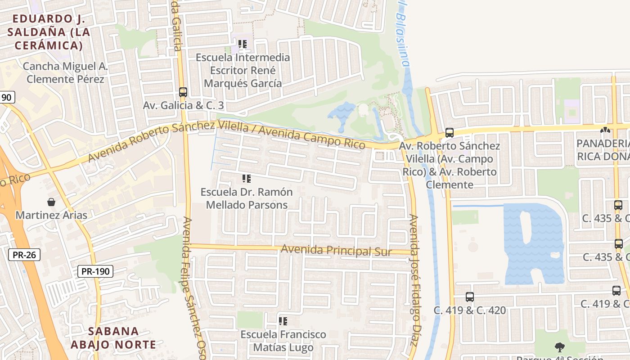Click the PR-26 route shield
tap(24, 255)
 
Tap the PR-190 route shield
tap(95, 271)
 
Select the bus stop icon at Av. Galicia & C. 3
tap(183, 92)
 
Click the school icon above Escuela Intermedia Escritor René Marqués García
tap(243, 44)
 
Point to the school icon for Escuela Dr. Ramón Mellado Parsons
tap(246, 179)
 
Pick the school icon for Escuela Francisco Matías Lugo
tap(283, 321)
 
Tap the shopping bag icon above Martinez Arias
tap(51, 202)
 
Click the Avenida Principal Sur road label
tap(336, 250)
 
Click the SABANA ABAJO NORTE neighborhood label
tap(113, 338)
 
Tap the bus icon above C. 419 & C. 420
tap(470, 297)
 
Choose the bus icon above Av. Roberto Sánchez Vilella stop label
tap(449, 133)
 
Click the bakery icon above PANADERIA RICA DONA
tap(605, 130)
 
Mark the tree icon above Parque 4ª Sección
tap(560, 347)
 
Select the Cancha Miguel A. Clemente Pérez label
tap(65, 73)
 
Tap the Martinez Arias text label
tap(51, 215)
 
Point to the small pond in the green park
tap(342, 111)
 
